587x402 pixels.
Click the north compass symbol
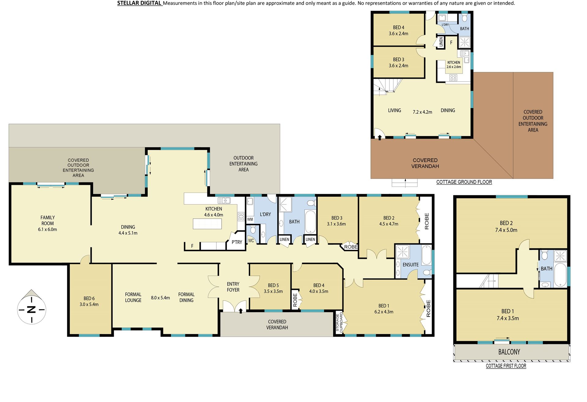point(31,307)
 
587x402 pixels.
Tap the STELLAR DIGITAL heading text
point(139,3)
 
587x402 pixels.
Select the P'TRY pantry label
point(237,242)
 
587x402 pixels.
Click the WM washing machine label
point(250,219)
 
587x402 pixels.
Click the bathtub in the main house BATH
point(310,222)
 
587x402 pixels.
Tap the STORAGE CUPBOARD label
point(339,322)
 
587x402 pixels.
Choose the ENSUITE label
point(411,265)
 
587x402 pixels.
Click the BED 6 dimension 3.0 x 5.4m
point(89,304)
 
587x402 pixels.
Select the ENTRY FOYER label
point(233,287)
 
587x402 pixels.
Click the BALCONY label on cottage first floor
point(509,352)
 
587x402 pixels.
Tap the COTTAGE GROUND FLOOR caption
point(464,182)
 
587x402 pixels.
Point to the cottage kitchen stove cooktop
point(453,78)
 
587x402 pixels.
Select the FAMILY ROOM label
point(48,220)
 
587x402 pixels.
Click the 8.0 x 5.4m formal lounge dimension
point(161,298)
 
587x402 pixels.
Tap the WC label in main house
point(251,241)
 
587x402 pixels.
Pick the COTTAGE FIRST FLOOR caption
point(506,366)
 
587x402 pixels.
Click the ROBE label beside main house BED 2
point(427,221)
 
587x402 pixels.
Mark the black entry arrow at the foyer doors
point(241,311)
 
